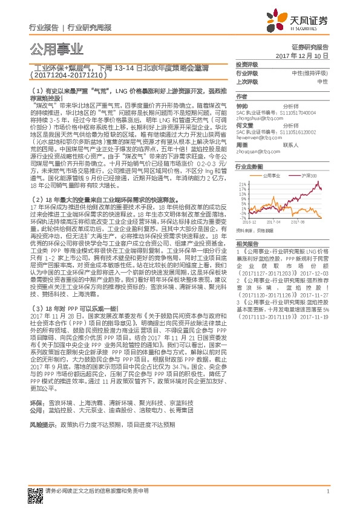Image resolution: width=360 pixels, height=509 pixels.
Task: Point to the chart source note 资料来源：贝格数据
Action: click(252, 230)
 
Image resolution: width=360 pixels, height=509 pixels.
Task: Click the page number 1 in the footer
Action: click(327, 491)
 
